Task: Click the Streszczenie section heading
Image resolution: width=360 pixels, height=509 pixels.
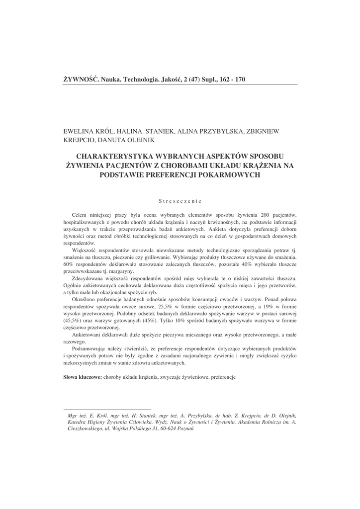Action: coord(180,201)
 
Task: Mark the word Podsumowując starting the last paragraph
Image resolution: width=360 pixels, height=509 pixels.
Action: coord(91,349)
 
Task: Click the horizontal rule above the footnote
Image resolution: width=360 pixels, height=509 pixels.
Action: coord(107,410)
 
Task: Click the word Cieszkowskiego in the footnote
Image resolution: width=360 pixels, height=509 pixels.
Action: coord(85,428)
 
